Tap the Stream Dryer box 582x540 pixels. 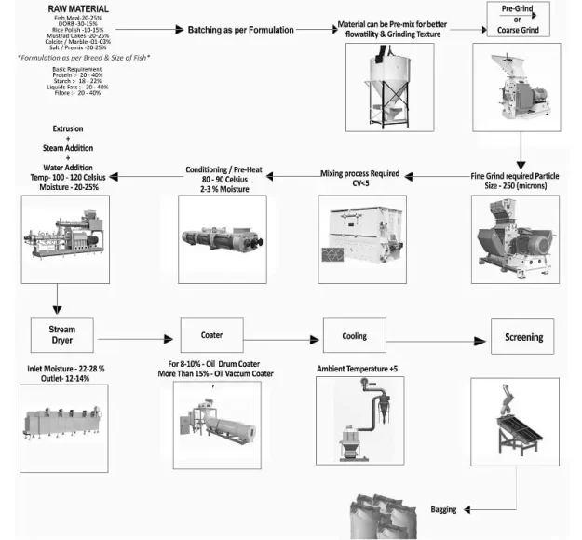(x=62, y=335)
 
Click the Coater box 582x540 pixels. (x=211, y=334)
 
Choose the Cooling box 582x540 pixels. (x=354, y=335)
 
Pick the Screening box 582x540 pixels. (x=517, y=336)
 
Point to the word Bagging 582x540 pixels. (x=443, y=510)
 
